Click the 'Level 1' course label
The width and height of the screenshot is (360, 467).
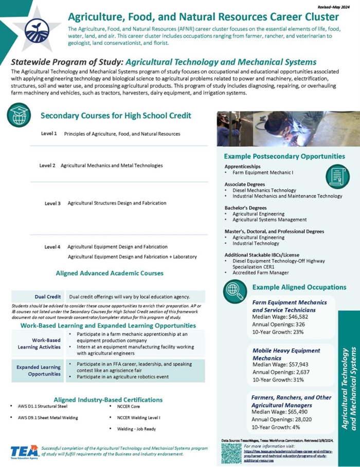click(x=49, y=134)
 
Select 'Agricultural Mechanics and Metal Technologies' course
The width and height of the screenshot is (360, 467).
click(x=112, y=166)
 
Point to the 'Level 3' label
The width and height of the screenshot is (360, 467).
click(x=52, y=203)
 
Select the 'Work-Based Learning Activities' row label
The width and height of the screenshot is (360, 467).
click(x=46, y=344)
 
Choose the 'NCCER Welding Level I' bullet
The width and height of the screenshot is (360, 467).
click(x=139, y=417)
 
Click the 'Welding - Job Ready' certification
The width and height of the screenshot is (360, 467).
click(x=136, y=428)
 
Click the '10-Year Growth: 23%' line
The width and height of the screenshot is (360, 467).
click(x=278, y=332)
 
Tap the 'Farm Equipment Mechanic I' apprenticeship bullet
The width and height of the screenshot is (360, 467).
click(x=263, y=172)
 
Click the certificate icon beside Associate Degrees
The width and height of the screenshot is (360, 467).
click(x=338, y=176)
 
